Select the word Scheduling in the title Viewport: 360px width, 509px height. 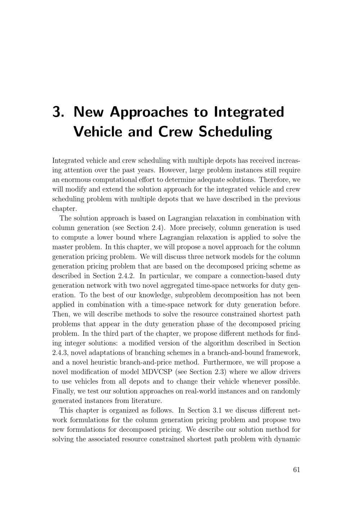click(235, 132)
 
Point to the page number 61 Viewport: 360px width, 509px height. click(297, 469)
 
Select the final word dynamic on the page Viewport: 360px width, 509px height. click(288, 439)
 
